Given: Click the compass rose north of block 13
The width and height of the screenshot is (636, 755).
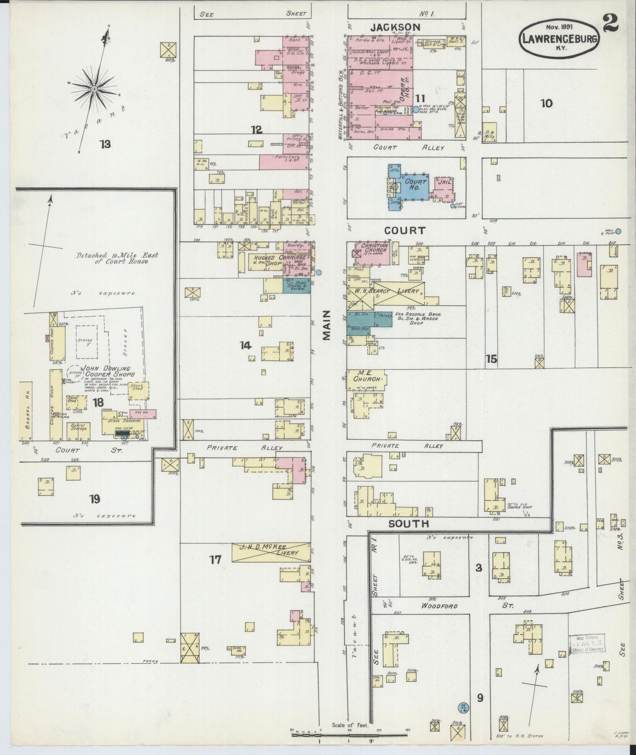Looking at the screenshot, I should pyautogui.click(x=94, y=89).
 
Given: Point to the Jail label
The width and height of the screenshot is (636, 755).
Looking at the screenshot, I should pyautogui.click(x=443, y=181).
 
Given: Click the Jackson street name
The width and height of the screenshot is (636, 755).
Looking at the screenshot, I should pyautogui.click(x=395, y=27).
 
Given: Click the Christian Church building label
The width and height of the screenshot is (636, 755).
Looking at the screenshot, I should pyautogui.click(x=375, y=248).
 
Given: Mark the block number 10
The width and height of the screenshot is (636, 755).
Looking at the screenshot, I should pyautogui.click(x=546, y=104).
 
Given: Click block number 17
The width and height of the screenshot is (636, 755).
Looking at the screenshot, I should pyautogui.click(x=215, y=560).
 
